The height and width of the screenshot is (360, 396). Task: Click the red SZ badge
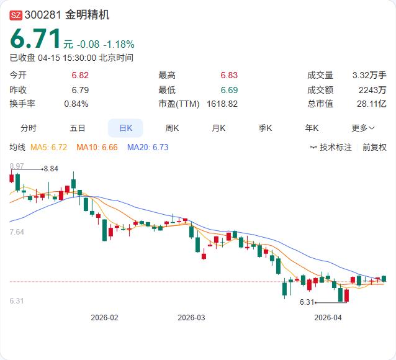(16, 16)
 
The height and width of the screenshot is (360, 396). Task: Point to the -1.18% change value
(119, 44)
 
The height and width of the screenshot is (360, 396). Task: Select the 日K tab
(125, 128)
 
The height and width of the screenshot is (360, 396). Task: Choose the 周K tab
(172, 128)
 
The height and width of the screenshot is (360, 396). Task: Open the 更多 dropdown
(363, 128)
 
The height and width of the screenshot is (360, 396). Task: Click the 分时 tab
(29, 128)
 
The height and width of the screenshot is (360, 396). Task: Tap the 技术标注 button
(331, 147)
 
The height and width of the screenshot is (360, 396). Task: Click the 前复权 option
(374, 147)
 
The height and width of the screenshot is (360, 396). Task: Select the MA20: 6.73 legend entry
(148, 147)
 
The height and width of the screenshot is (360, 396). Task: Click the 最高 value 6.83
(229, 75)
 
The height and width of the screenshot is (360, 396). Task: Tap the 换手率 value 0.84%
(76, 104)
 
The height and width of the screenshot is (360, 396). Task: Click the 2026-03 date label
(191, 317)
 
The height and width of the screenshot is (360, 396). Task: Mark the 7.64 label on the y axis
(17, 232)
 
